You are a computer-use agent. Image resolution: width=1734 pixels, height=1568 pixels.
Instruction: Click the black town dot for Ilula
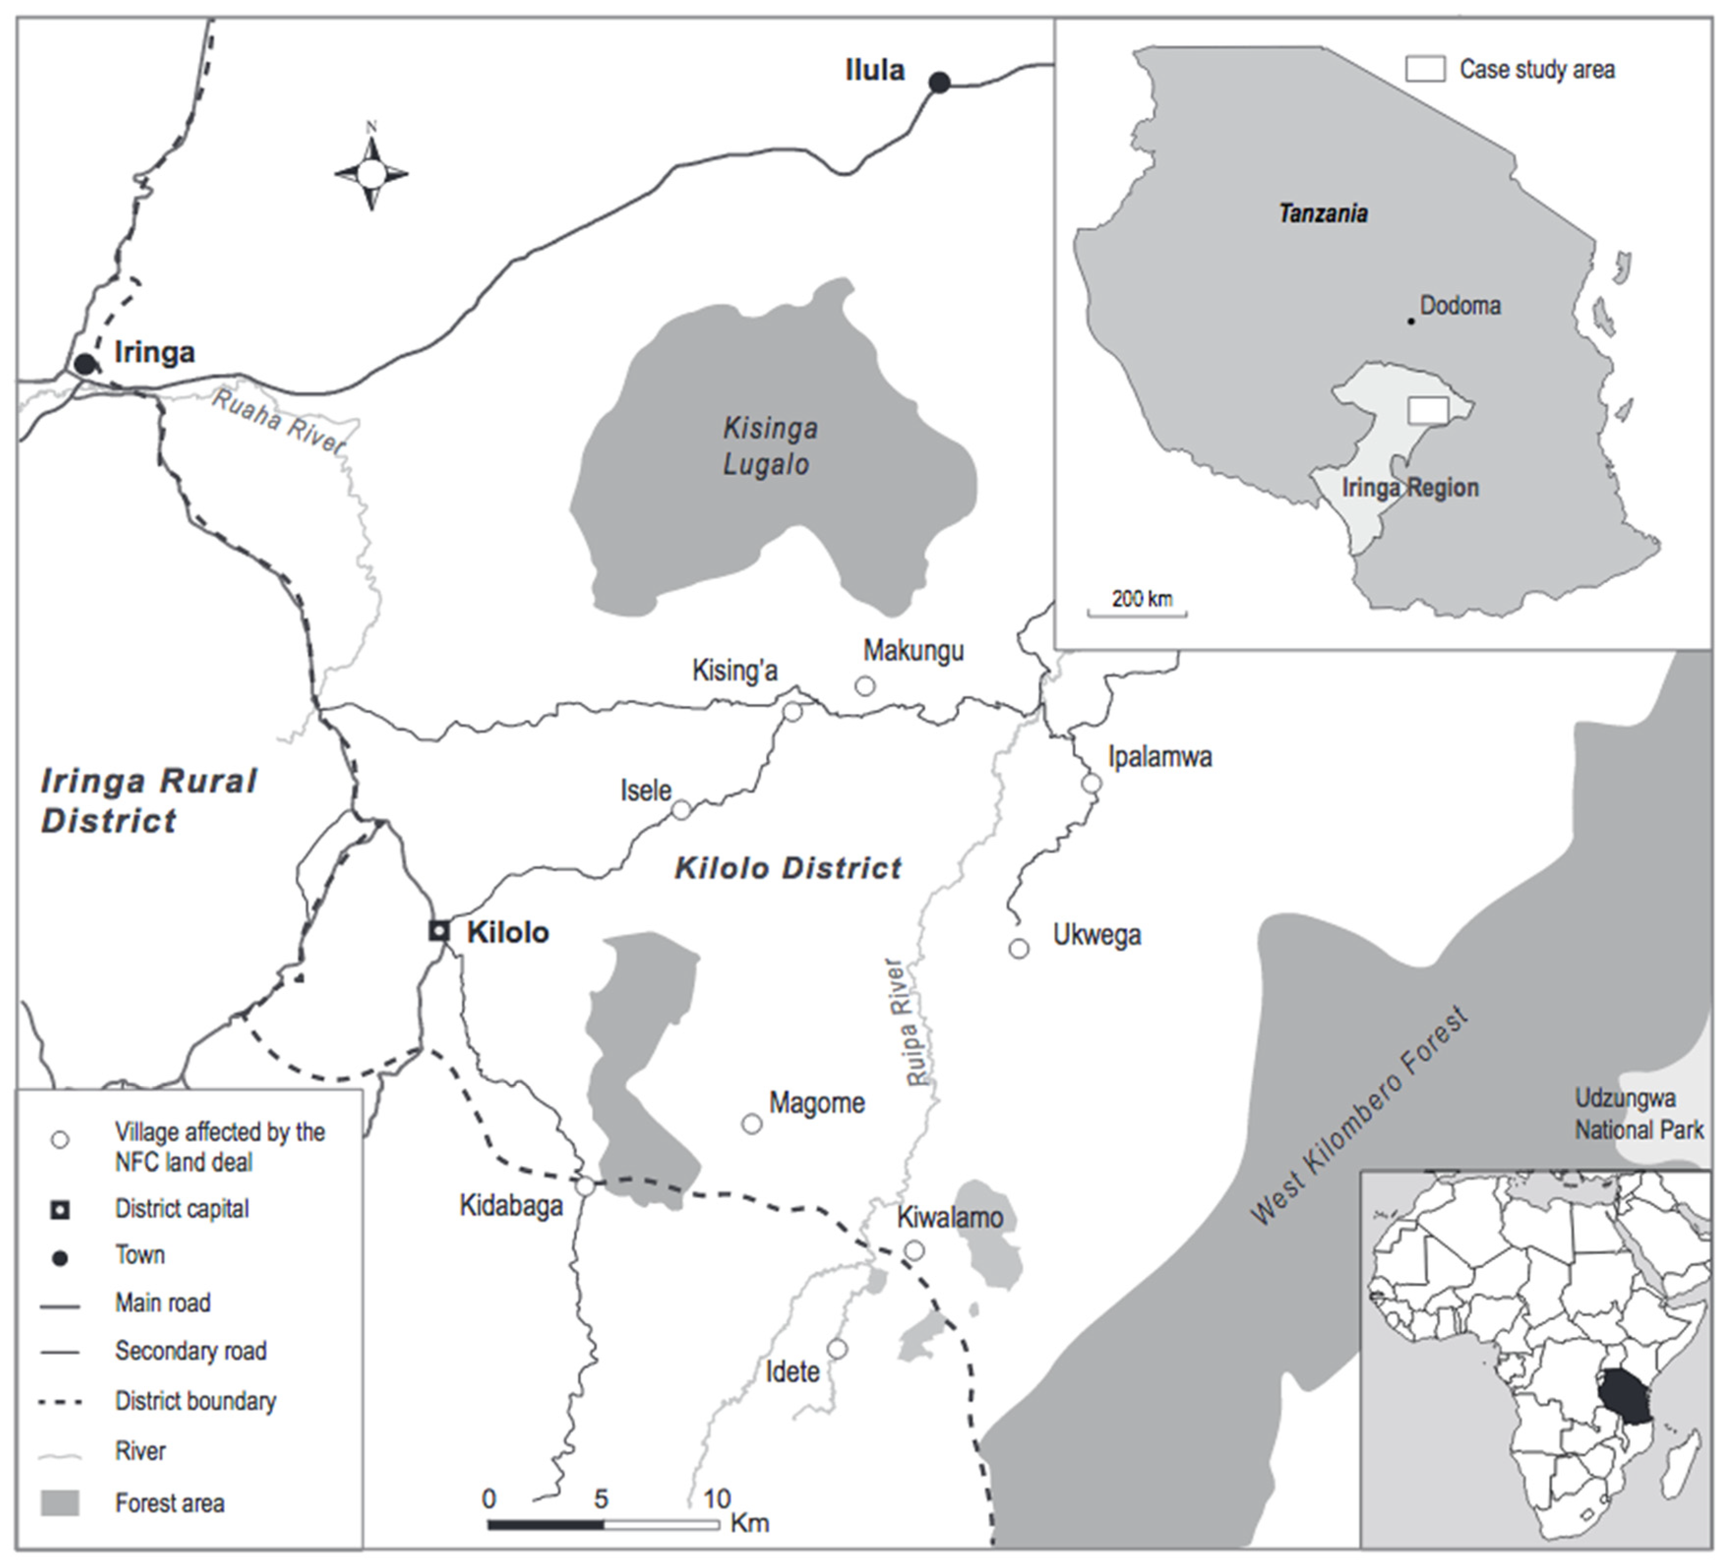pyautogui.click(x=939, y=83)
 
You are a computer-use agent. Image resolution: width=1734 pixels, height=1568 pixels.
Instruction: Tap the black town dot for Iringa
pyautogui.click(x=84, y=364)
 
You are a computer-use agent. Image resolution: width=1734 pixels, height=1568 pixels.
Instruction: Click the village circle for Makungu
pyautogui.click(x=866, y=685)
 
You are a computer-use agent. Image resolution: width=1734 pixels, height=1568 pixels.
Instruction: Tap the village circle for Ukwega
pyautogui.click(x=1018, y=948)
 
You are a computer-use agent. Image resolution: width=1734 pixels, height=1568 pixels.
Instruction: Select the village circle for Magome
pyautogui.click(x=752, y=1124)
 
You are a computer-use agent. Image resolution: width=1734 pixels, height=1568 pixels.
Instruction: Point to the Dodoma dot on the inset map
pyautogui.click(x=1410, y=321)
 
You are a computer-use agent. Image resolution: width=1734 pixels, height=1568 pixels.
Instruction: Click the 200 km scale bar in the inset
pyautogui.click(x=1137, y=613)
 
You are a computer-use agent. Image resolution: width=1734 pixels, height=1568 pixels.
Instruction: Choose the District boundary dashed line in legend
pyautogui.click(x=60, y=1402)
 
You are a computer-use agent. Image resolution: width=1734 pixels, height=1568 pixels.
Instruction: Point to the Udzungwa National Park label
pyautogui.click(x=1638, y=1114)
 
